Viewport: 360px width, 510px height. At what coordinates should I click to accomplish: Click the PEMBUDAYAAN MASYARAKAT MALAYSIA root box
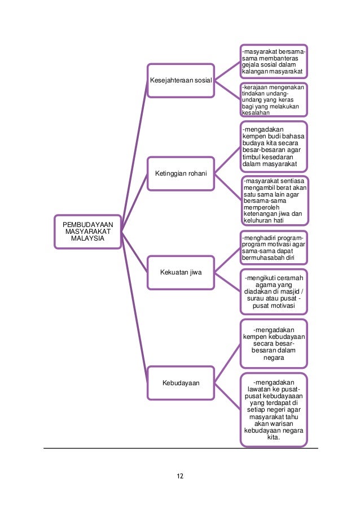point(87,232)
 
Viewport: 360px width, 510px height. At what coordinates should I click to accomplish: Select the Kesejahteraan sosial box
point(181,81)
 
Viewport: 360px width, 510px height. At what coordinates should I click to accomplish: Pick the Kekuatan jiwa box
point(181,273)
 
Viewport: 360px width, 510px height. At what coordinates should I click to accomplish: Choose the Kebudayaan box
point(181,383)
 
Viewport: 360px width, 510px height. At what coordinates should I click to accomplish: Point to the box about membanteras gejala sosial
point(274,62)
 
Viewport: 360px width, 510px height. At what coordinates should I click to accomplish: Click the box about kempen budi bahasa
point(274,147)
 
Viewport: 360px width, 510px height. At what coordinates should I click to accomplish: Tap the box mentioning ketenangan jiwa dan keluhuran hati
point(274,200)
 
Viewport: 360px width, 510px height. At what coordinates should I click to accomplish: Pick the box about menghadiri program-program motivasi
point(274,247)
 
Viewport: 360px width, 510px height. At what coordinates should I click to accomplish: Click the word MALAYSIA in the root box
point(87,239)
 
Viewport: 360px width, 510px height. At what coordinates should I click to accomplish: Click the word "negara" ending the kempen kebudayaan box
point(274,358)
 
